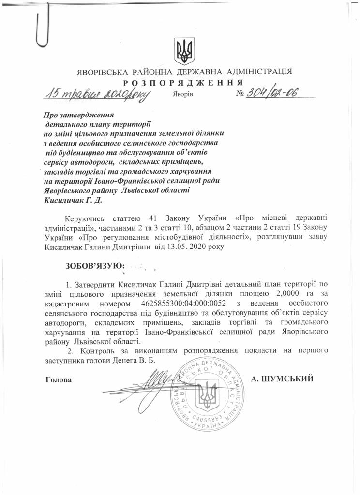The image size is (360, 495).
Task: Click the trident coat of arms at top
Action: coord(184,50)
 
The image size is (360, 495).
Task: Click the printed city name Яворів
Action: coord(182,94)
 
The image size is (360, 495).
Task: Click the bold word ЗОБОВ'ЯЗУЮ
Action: coord(95,265)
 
